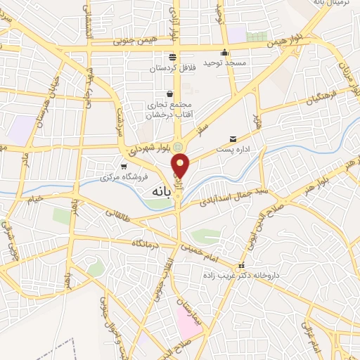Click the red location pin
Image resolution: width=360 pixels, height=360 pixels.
(x=181, y=165)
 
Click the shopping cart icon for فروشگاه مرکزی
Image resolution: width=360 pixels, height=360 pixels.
(x=124, y=167)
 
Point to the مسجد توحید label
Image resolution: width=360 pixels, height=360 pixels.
(x=225, y=63)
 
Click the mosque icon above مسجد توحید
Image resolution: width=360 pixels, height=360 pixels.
(x=225, y=52)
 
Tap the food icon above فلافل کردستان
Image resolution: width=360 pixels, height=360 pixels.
(x=172, y=57)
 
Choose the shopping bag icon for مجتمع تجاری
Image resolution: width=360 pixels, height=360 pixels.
(x=169, y=94)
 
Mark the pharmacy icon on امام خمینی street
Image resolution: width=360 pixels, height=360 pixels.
(x=241, y=266)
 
